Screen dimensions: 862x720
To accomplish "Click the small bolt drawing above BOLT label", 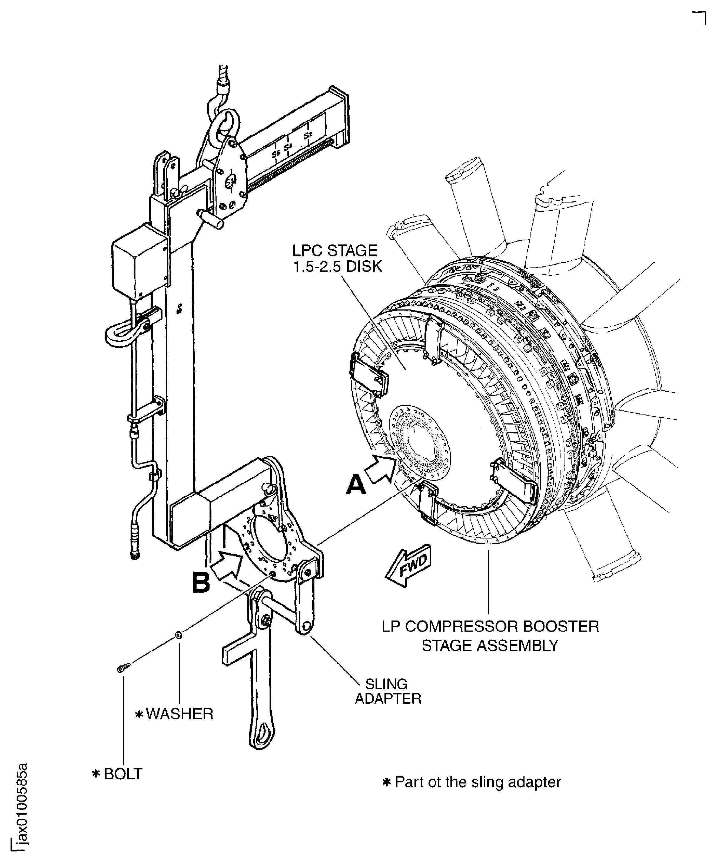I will point(123,668).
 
